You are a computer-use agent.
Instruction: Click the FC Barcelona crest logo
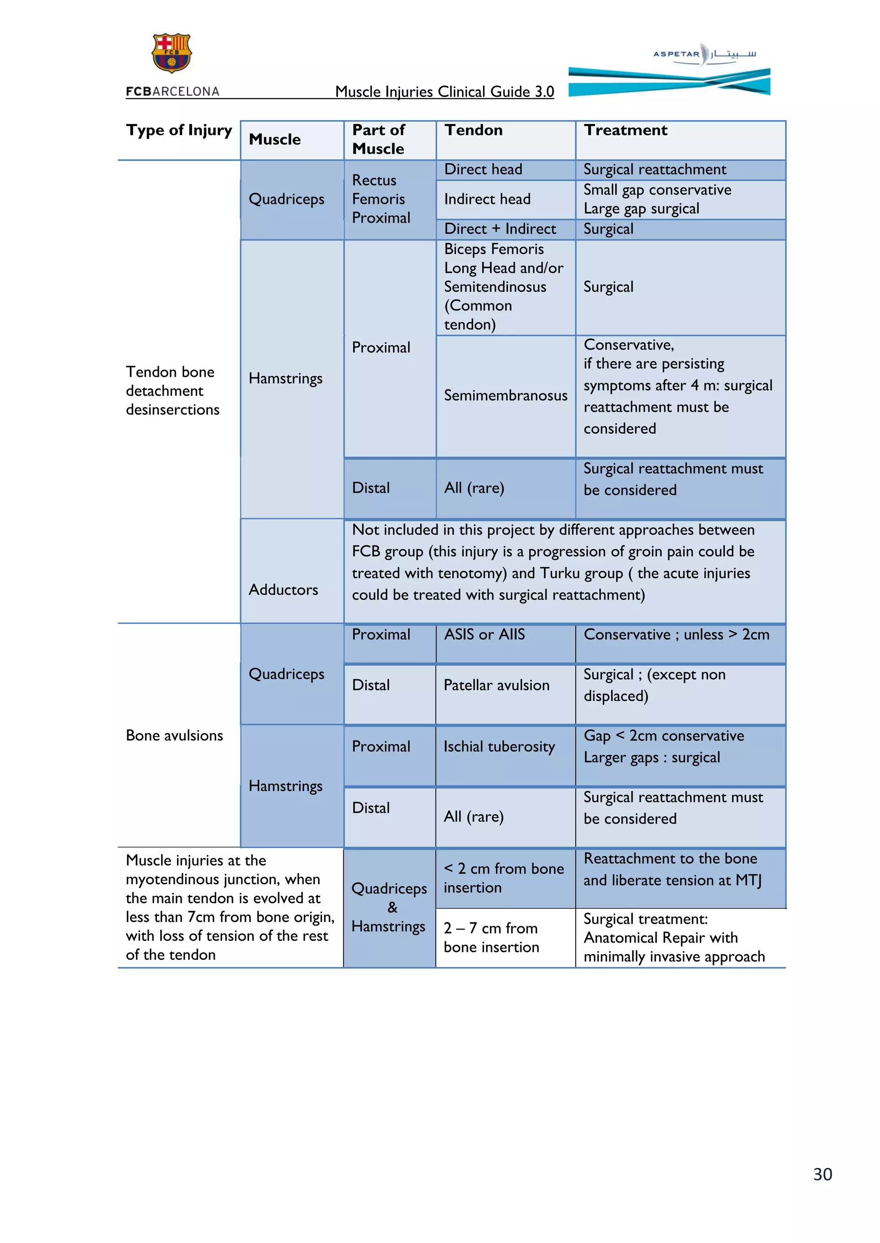click(171, 53)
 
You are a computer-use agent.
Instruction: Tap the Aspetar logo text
click(676, 54)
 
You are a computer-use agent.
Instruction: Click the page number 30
click(822, 1174)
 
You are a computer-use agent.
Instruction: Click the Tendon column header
click(473, 130)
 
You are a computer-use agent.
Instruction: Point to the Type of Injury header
click(179, 130)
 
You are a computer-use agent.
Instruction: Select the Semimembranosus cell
click(505, 396)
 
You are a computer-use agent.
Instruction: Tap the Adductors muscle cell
click(284, 590)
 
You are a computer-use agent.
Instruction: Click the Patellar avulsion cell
click(496, 685)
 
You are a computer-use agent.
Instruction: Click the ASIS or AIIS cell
click(484, 634)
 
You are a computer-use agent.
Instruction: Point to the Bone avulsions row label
click(174, 735)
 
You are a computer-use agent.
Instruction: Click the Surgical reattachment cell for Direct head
click(654, 170)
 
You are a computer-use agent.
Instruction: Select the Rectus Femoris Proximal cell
click(381, 199)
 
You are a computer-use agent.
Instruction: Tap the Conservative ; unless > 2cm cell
click(676, 634)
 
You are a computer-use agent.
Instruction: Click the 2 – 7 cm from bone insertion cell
click(491, 937)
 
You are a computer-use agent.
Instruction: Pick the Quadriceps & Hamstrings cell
click(389, 907)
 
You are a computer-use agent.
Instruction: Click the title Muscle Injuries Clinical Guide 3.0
click(444, 91)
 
